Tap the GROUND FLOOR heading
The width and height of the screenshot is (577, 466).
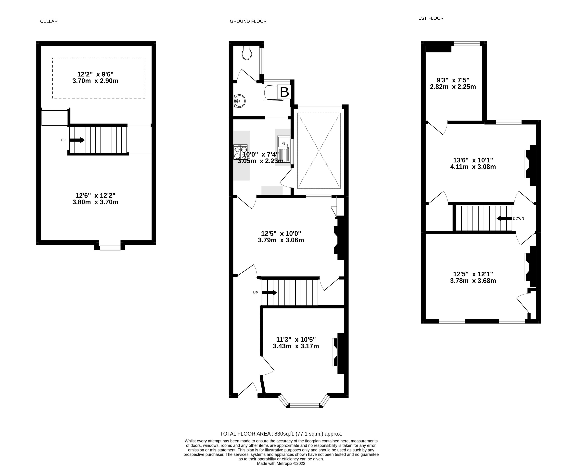click(248, 21)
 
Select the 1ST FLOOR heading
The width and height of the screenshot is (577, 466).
click(431, 18)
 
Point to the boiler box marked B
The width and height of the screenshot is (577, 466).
click(284, 92)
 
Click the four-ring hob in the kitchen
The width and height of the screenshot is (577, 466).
click(240, 152)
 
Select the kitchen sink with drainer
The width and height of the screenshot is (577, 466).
click(283, 149)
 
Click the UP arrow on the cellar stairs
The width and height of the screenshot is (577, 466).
click(77, 140)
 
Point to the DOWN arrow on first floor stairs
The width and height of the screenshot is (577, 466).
click(504, 218)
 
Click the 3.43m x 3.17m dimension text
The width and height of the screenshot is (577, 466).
click(296, 346)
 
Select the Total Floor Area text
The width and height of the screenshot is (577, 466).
click(281, 434)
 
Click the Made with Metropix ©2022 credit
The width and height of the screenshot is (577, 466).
click(281, 463)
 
